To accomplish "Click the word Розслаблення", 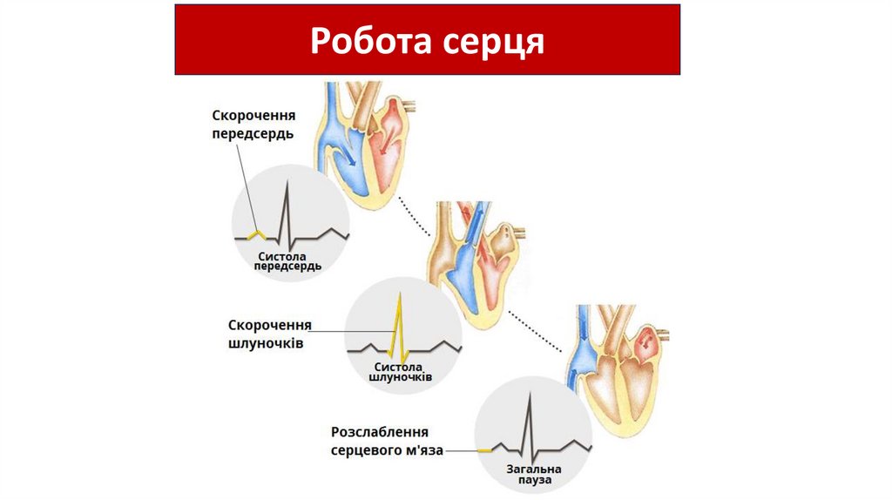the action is (381, 433).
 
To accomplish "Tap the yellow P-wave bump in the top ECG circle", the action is (254, 234).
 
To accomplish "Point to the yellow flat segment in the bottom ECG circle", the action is (483, 450).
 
